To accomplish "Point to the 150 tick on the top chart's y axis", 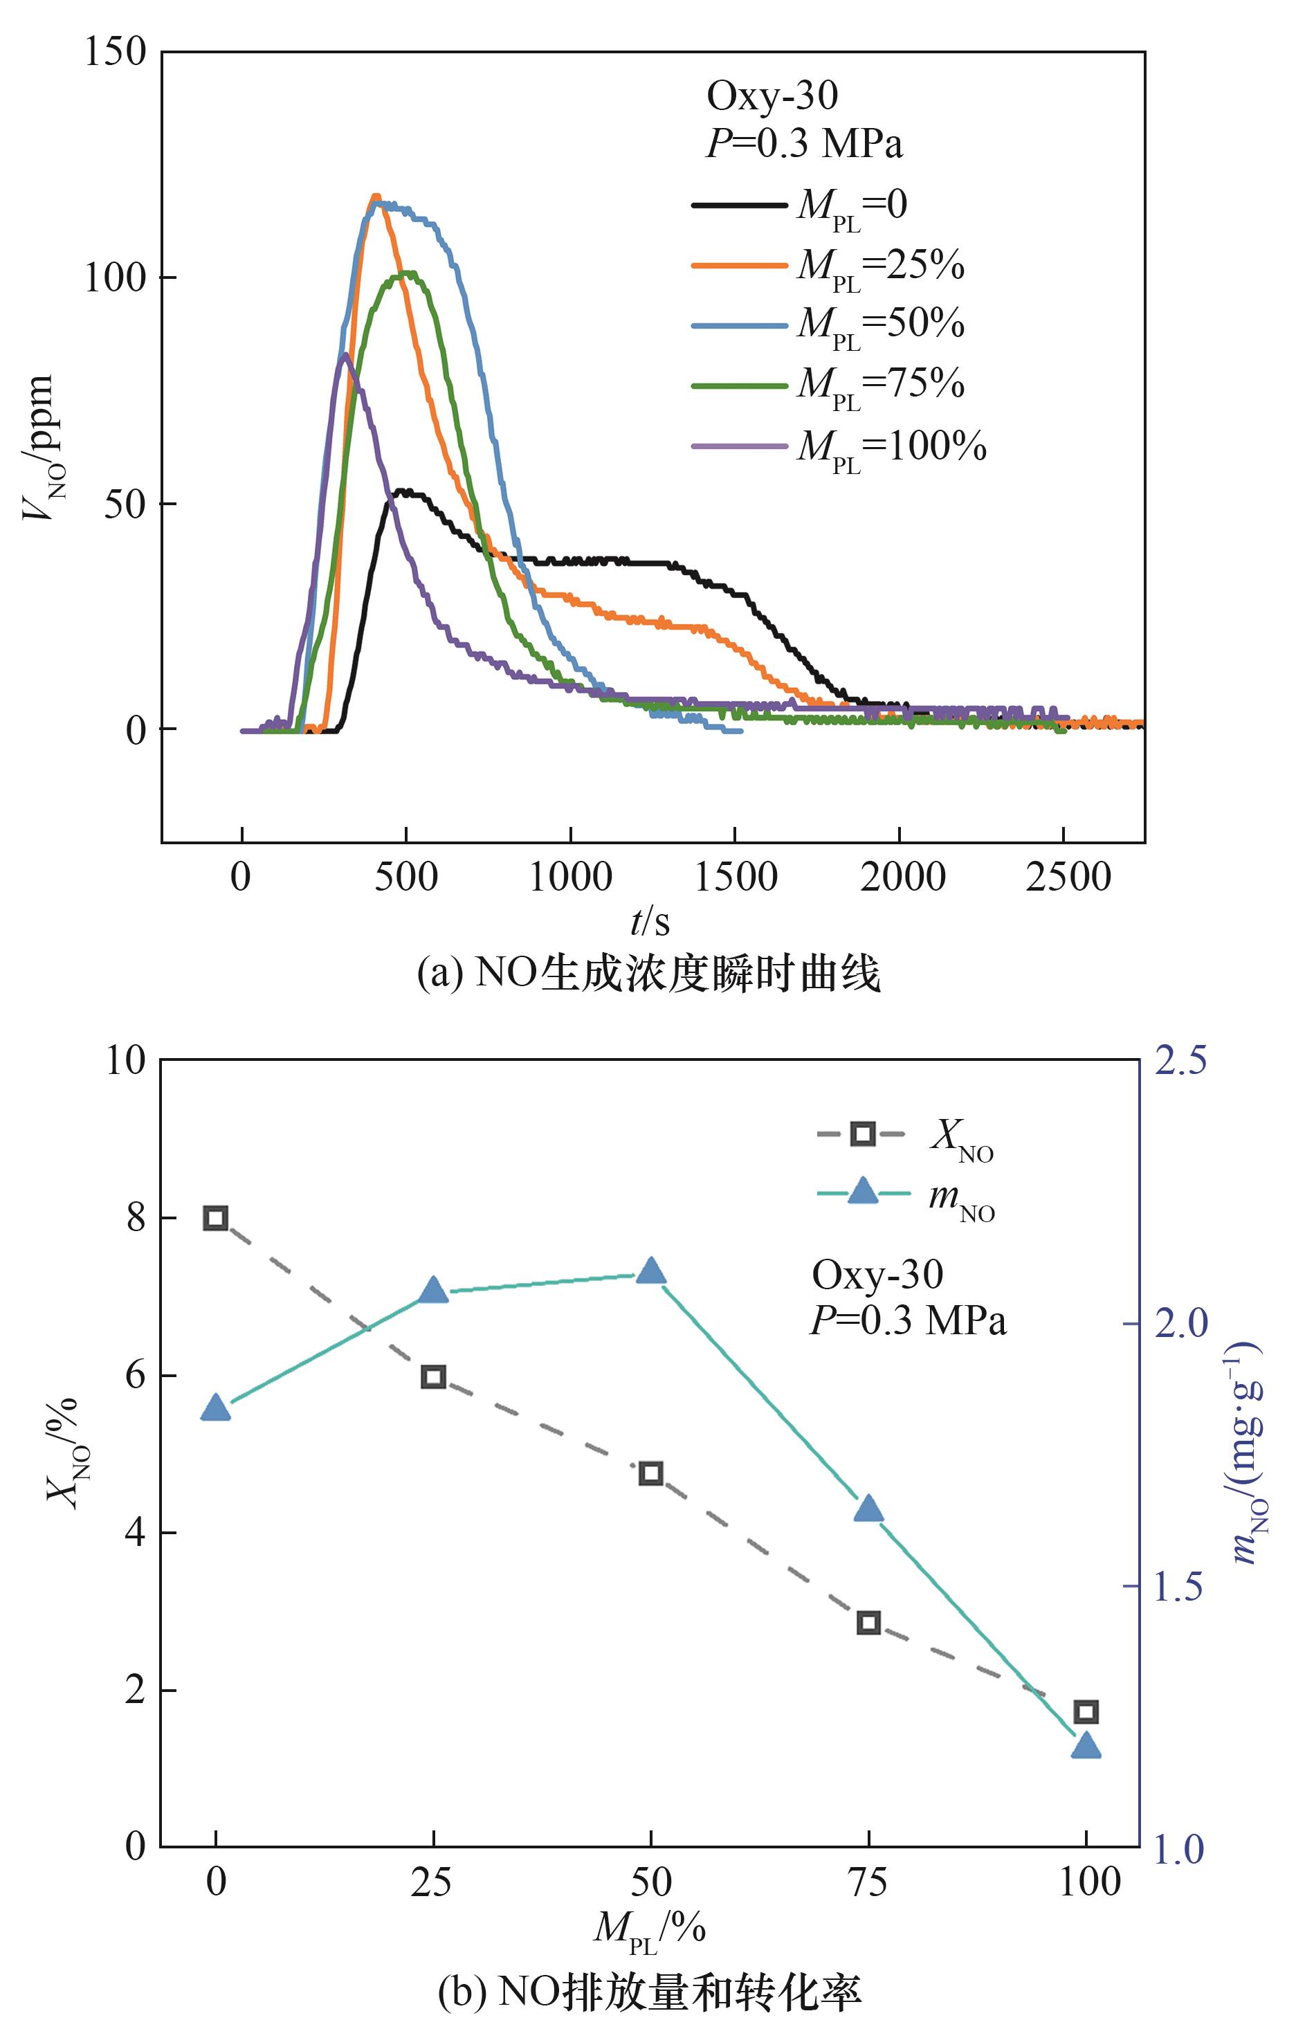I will point(116,52).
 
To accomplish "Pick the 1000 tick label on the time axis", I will point(571,877).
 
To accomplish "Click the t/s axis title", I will point(650,922).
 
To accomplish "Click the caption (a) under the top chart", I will point(649,974).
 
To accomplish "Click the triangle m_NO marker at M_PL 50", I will point(650,1272).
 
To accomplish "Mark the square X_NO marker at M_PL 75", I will point(868,1622).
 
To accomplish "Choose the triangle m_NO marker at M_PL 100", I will point(1086,1747).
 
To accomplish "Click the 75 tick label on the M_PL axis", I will point(868,1882).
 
